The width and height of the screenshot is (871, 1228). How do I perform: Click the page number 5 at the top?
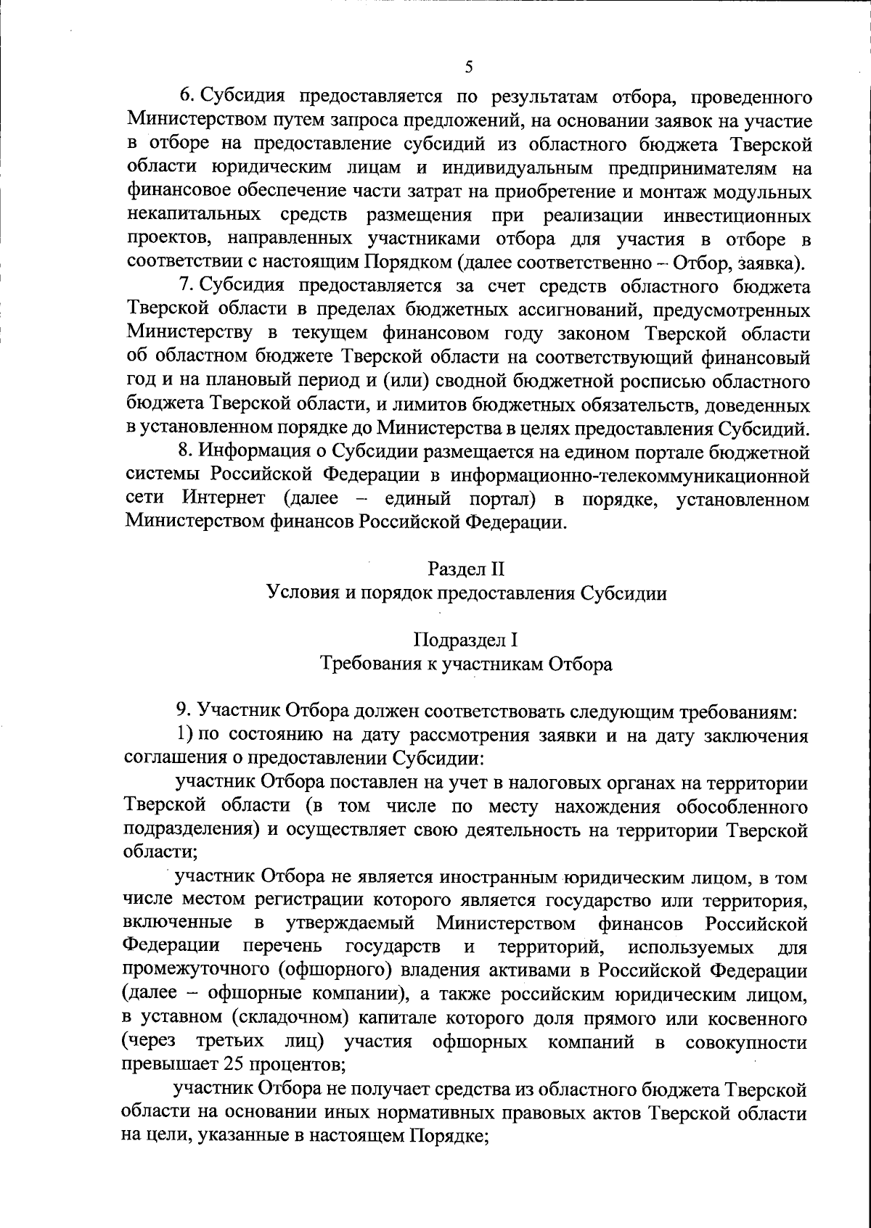pos(468,67)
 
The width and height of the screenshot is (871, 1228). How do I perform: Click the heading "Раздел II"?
pos(465,569)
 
